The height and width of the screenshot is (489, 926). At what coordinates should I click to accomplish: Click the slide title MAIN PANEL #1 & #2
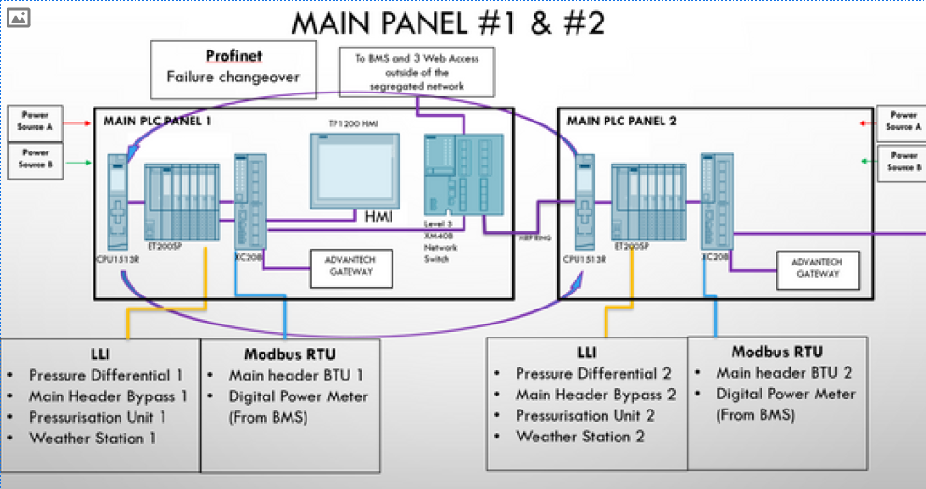click(x=448, y=22)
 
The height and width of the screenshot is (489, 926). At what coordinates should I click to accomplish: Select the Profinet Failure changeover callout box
click(x=233, y=67)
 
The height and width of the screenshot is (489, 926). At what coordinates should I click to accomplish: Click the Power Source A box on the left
click(x=36, y=121)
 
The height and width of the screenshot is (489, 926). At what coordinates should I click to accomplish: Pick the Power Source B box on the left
click(x=36, y=158)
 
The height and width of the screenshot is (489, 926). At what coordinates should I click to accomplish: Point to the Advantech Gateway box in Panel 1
click(x=351, y=266)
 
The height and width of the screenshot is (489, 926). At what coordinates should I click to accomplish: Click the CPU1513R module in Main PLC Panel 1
click(x=117, y=202)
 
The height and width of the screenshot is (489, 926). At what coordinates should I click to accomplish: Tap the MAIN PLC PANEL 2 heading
click(x=621, y=121)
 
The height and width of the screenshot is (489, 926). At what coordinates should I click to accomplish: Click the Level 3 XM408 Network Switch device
click(x=463, y=181)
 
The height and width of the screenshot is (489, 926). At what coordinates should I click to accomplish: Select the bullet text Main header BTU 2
click(x=783, y=372)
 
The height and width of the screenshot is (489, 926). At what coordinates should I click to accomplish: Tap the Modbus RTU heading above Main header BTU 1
click(x=290, y=354)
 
